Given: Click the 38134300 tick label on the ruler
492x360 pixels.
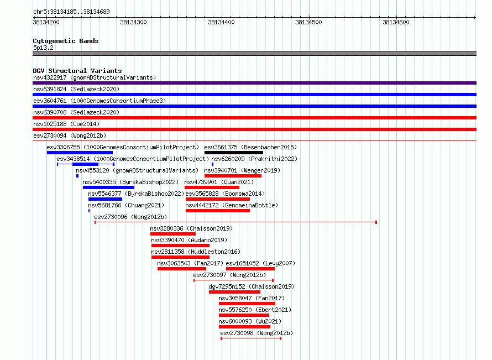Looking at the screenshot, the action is [x=133, y=22].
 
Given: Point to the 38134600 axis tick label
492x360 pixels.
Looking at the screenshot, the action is [x=396, y=22].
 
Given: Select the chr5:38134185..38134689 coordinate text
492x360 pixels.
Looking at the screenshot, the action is [x=71, y=12].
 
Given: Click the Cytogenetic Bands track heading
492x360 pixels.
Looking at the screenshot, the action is [x=66, y=41].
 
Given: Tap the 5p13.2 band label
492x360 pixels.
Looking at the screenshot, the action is [x=43, y=48].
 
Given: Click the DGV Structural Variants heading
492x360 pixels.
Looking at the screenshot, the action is [x=77, y=71].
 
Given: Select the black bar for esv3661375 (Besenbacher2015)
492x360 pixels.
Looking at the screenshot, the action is [x=234, y=153].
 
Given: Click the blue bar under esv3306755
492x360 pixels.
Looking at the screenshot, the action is [x=80, y=153].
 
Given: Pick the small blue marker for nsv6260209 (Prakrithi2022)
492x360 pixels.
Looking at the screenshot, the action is [x=212, y=164].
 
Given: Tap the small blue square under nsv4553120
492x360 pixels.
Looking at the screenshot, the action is [x=77, y=176].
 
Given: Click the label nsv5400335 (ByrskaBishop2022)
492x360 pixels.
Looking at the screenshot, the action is [x=130, y=182].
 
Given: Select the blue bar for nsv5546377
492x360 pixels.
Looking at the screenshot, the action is [x=105, y=199].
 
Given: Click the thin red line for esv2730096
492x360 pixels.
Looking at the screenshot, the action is [x=235, y=222].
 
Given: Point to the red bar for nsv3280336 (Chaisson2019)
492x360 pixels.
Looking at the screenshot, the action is [x=173, y=234].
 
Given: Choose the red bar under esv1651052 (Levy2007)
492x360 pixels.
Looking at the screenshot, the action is [x=250, y=269].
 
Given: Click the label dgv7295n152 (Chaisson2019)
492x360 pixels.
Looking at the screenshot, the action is [x=252, y=286].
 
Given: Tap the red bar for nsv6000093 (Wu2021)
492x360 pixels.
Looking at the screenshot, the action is [x=244, y=327].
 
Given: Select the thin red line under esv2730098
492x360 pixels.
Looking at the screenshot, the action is [x=251, y=338].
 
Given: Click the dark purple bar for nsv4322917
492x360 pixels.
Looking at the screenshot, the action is [x=254, y=83].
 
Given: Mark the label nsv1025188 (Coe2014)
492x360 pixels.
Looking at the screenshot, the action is [x=66, y=124].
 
